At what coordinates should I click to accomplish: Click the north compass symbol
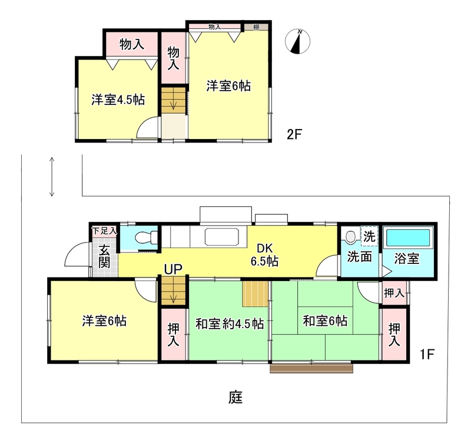(x=297, y=41)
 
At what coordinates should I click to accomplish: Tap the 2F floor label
(x=294, y=134)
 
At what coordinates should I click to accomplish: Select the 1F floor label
(x=427, y=354)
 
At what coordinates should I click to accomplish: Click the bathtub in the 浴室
(x=407, y=238)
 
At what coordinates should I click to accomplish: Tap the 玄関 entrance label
(x=104, y=256)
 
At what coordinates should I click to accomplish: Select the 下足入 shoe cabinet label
(x=104, y=231)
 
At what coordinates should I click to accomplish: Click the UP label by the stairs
(x=173, y=269)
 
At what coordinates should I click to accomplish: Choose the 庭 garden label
(x=235, y=397)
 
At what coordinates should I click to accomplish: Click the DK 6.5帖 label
(x=264, y=255)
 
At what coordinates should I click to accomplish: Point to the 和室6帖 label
(x=325, y=320)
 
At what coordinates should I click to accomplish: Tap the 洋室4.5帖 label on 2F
(x=118, y=100)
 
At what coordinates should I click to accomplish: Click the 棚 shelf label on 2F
(x=256, y=27)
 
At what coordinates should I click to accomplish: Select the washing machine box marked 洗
(x=369, y=236)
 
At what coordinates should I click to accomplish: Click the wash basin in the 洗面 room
(x=350, y=236)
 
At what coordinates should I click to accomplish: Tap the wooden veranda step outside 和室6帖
(x=311, y=368)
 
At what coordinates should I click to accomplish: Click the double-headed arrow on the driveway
(x=52, y=177)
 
